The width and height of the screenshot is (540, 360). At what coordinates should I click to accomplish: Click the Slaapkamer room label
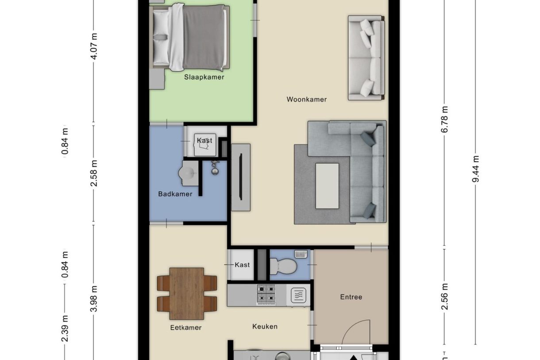pyautogui.click(x=204, y=77)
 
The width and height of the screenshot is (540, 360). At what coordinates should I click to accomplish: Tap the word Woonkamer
pyautogui.click(x=306, y=100)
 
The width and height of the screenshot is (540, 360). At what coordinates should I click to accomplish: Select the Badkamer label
pyautogui.click(x=175, y=194)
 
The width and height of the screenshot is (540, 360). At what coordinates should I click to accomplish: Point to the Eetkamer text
pyautogui.click(x=186, y=328)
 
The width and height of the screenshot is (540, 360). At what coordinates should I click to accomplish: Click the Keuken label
pyautogui.click(x=265, y=326)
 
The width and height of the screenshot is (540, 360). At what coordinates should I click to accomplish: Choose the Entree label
pyautogui.click(x=351, y=297)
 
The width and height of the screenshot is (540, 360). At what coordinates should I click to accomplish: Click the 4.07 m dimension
pyautogui.click(x=94, y=46)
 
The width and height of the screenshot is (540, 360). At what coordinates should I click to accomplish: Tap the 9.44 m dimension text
pyautogui.click(x=475, y=169)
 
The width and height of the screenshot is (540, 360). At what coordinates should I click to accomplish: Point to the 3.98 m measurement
pyautogui.click(x=94, y=299)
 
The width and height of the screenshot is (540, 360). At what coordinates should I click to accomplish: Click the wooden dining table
pyautogui.click(x=187, y=293)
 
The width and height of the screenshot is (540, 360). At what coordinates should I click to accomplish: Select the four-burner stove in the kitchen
pyautogui.click(x=266, y=294)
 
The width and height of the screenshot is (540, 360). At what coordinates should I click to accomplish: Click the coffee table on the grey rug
pyautogui.click(x=327, y=186)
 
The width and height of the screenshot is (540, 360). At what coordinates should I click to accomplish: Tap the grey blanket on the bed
pyautogui.click(x=204, y=37)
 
